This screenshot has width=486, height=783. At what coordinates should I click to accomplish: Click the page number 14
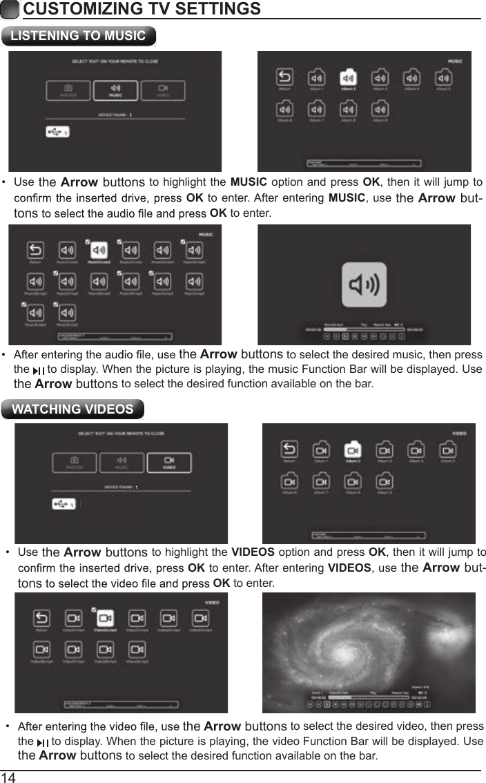[x=8, y=777]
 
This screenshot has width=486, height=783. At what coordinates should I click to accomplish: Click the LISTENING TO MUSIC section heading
[x=78, y=36]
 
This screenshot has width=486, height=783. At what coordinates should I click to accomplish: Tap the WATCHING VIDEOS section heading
[x=72, y=409]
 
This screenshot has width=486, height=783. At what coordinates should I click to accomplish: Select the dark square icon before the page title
[x=10, y=9]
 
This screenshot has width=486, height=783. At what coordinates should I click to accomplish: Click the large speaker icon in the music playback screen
[x=364, y=285]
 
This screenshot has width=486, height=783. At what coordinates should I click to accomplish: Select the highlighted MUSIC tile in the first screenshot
[x=115, y=90]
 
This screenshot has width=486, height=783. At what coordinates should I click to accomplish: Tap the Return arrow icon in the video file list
[x=41, y=618]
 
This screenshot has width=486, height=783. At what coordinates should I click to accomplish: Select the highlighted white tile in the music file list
[x=99, y=250]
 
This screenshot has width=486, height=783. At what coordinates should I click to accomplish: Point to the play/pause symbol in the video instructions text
[x=43, y=743]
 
